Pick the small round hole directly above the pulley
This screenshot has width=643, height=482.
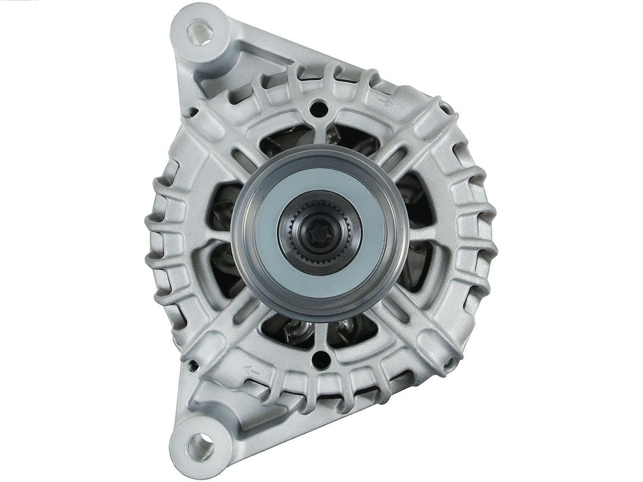pyautogui.click(x=320, y=108)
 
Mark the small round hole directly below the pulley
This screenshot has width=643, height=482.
pyautogui.click(x=321, y=359)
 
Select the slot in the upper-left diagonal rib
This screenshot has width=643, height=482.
pyautogui.click(x=244, y=157)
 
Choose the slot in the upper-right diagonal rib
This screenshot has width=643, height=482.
pyautogui.click(x=394, y=155)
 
